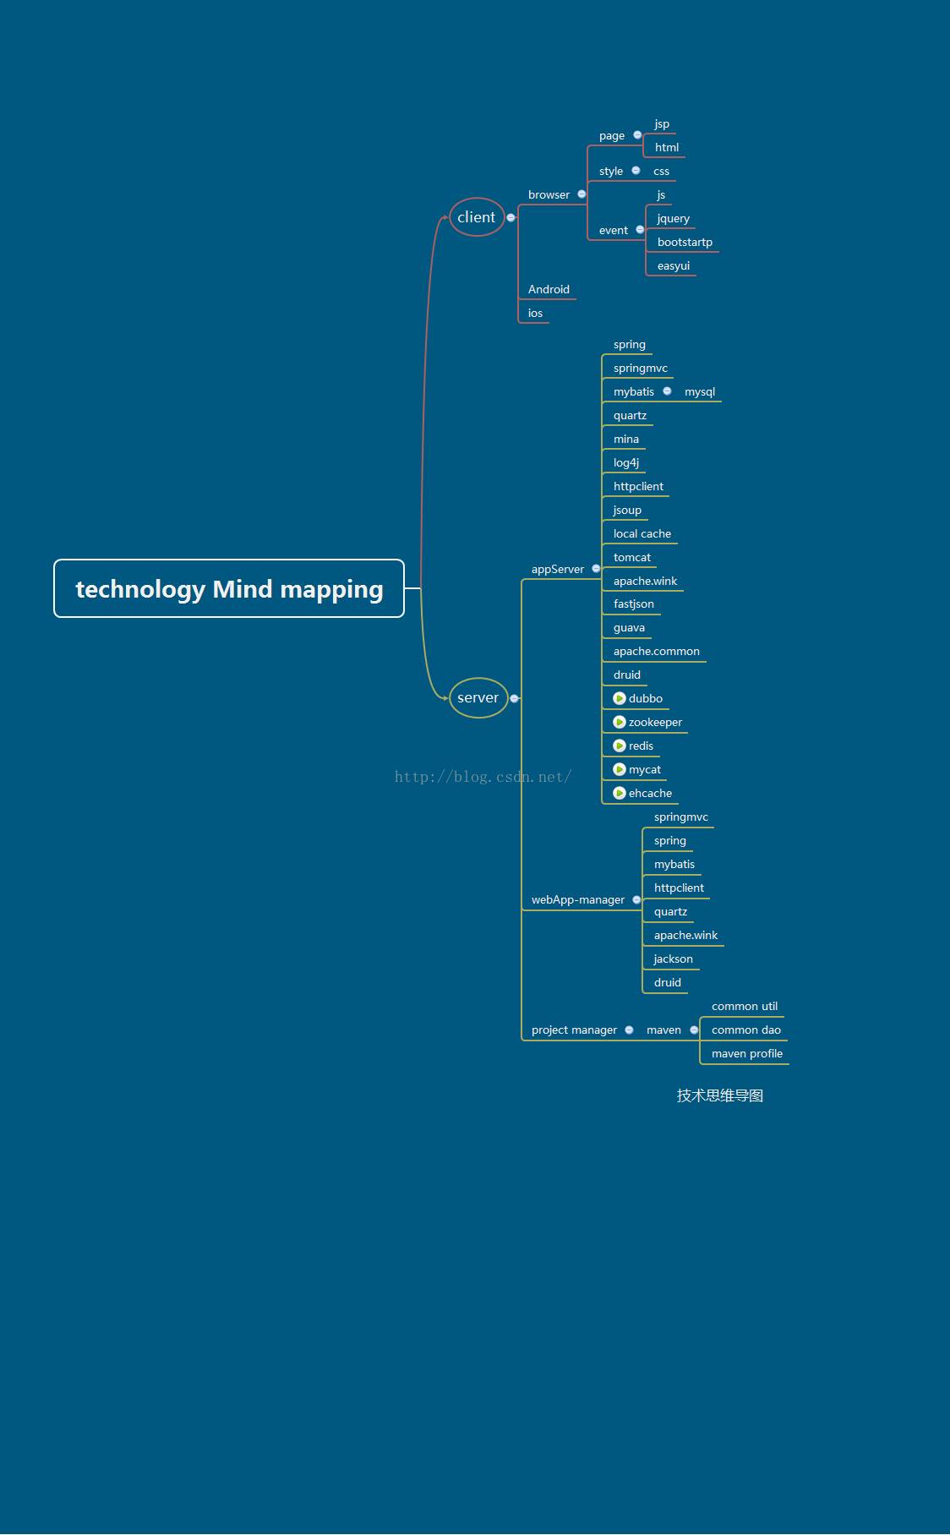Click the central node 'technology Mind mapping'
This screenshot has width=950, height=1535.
pyautogui.click(x=229, y=589)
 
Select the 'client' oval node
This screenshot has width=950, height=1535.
pyautogui.click(x=477, y=217)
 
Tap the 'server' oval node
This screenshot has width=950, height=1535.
pyautogui.click(x=478, y=698)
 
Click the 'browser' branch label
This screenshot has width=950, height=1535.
pyautogui.click(x=549, y=195)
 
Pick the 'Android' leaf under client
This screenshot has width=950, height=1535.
pyautogui.click(x=549, y=290)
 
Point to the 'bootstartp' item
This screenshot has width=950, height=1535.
pyautogui.click(x=685, y=243)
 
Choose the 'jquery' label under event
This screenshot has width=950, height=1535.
pyautogui.click(x=673, y=219)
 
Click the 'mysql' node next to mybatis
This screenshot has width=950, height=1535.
pyautogui.click(x=700, y=392)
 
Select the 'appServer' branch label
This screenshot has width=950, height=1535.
pyautogui.click(x=558, y=570)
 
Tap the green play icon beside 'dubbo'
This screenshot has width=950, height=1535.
pyautogui.click(x=620, y=699)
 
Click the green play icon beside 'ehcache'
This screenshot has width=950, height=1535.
pyautogui.click(x=620, y=794)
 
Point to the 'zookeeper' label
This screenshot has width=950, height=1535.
pyautogui.click(x=655, y=723)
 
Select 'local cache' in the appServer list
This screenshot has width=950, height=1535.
pyautogui.click(x=642, y=534)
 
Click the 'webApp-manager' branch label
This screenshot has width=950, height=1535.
pyautogui.click(x=578, y=900)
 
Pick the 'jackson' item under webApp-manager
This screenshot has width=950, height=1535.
pyautogui.click(x=673, y=959)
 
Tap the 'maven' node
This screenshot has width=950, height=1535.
pyautogui.click(x=663, y=1030)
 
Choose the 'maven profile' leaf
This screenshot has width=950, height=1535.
pyautogui.click(x=747, y=1054)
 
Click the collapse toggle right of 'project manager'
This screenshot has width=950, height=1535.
pyautogui.click(x=629, y=1030)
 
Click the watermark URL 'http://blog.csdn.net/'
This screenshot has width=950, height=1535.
pyautogui.click(x=483, y=777)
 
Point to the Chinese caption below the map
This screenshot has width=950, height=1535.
pyautogui.click(x=720, y=1096)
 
